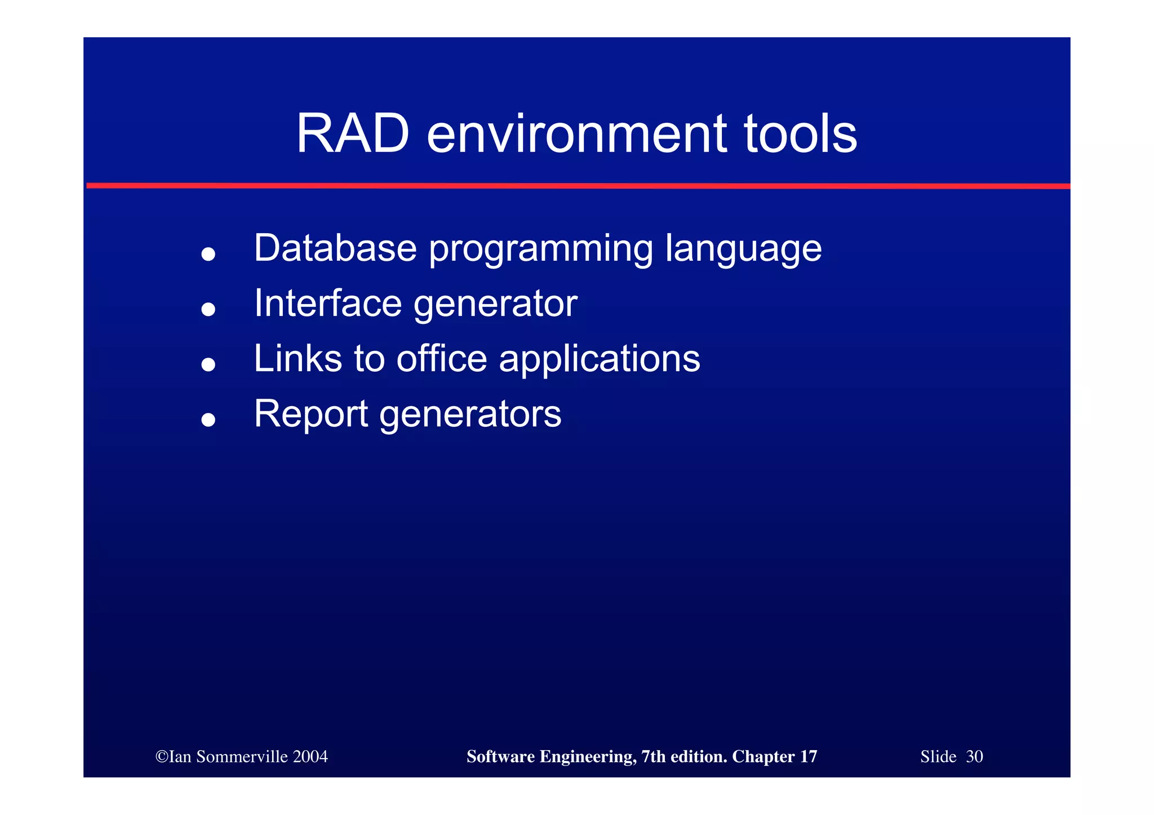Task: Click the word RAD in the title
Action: point(352,135)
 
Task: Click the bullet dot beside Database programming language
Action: point(208,254)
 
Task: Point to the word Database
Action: point(335,248)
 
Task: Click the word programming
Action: point(541,249)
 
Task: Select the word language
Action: point(743,249)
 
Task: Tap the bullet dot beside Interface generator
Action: point(208,309)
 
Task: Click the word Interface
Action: point(327,303)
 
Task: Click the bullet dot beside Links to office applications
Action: point(208,364)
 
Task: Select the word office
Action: point(441,358)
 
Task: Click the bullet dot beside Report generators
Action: point(208,420)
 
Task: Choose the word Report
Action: point(311,414)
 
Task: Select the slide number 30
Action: point(974,756)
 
